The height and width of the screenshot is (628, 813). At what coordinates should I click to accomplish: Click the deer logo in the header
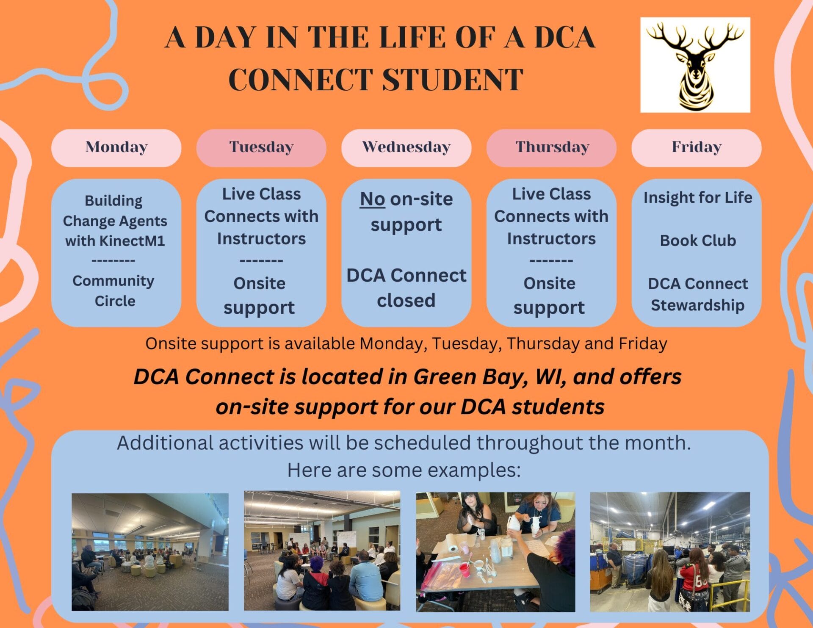[x=695, y=65]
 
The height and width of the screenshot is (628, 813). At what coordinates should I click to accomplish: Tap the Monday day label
[x=116, y=147]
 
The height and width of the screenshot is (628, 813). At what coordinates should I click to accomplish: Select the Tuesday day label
[x=261, y=147]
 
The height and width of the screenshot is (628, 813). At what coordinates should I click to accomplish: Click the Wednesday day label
[x=406, y=147]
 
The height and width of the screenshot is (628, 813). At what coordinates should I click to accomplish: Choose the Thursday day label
[x=552, y=147]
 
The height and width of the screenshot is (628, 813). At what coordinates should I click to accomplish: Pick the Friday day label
[x=697, y=147]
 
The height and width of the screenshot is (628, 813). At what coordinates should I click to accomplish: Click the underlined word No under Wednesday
[x=372, y=199]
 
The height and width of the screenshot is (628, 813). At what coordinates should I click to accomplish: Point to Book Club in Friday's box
[x=697, y=241]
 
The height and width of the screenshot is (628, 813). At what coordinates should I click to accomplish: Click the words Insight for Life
[x=697, y=197]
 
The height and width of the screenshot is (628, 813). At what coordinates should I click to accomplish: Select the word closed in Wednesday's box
[x=406, y=301]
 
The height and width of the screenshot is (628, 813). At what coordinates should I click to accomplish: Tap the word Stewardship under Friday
[x=697, y=305]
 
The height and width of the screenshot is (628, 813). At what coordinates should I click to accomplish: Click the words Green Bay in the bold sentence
[x=470, y=377]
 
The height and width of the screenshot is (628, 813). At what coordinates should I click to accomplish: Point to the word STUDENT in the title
[x=453, y=79]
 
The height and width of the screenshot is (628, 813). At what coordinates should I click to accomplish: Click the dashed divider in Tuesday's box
[x=261, y=261]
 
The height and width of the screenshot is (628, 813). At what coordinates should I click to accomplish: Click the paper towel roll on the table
[x=453, y=548]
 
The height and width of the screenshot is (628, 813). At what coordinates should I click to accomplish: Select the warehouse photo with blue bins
[x=669, y=551]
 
